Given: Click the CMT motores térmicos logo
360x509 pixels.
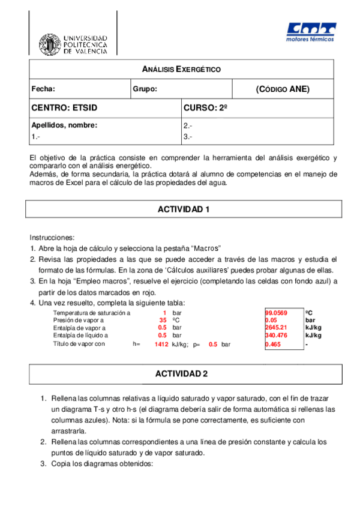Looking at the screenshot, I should click(311, 33).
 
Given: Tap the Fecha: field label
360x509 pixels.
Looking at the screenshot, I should click(43, 89).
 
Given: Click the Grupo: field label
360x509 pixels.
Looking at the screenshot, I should click(145, 89).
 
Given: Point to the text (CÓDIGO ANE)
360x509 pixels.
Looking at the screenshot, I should click(282, 89).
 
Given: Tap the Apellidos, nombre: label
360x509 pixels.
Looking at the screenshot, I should click(64, 125).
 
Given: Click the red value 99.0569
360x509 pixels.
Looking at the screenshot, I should click(276, 313).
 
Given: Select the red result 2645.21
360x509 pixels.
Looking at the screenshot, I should click(276, 328).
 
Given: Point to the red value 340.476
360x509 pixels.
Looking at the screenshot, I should click(276, 336).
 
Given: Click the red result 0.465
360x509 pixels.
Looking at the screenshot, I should click(273, 345).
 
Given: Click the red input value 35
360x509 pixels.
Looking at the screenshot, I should click(163, 321).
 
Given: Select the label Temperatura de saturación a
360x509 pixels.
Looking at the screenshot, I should click(91, 313).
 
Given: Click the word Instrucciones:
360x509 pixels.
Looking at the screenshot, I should click(52, 238).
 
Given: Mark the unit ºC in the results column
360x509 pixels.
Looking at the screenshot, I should click(308, 313).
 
